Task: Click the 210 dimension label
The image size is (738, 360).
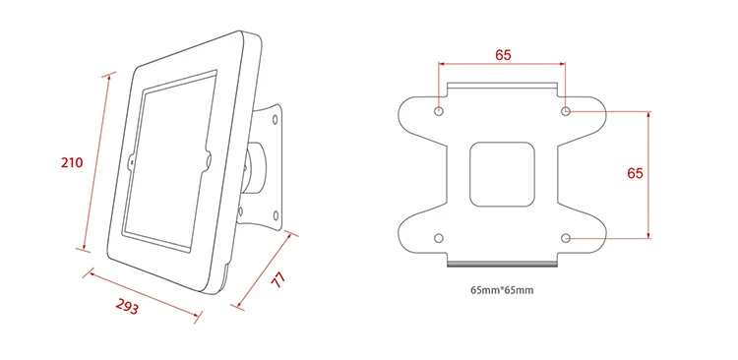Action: click(72, 163)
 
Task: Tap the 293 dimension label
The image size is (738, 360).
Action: click(127, 307)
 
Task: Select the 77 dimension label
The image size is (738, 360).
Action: click(278, 280)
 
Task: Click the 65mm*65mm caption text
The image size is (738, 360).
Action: click(502, 290)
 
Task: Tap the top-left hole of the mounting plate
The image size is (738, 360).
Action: click(439, 111)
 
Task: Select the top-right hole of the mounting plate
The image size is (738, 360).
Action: click(566, 111)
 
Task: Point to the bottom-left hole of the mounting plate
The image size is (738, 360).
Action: click(439, 238)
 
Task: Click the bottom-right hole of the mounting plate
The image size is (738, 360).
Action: click(566, 238)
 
